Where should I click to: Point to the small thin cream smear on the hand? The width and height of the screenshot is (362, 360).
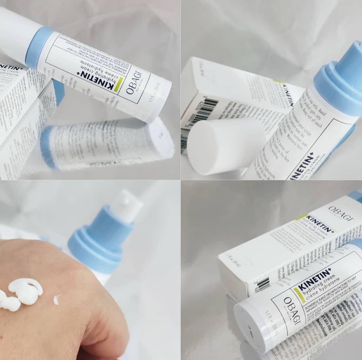[57, 299]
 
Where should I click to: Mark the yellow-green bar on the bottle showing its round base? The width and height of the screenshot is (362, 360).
[299, 295]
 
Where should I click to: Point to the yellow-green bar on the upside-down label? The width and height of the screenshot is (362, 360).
[117, 85]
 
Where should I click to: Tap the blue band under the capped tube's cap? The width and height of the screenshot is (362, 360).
[39, 47]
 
